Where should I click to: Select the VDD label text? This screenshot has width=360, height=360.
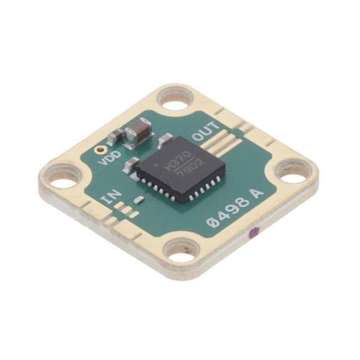pos(110,158)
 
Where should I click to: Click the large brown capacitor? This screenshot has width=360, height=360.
pos(138,133)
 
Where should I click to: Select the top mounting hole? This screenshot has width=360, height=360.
pos(176,99)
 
